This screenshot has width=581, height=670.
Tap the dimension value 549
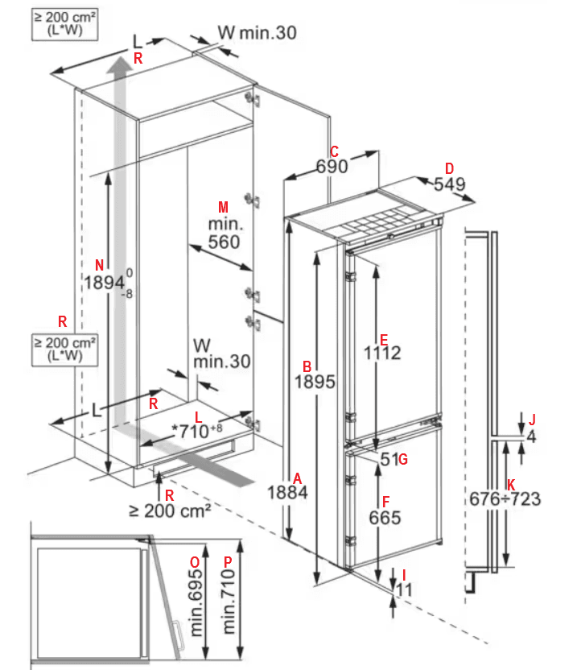tap(450, 184)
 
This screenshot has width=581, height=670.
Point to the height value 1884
tap(288, 491)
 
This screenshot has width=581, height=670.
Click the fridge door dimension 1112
tap(381, 353)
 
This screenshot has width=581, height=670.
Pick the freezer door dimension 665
tap(385, 518)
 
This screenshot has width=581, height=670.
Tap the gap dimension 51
tap(389, 460)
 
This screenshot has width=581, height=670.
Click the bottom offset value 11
tap(404, 589)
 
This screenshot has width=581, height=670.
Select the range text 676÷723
tap(505, 499)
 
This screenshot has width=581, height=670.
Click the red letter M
tap(224, 206)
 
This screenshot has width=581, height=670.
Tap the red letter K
tap(510, 484)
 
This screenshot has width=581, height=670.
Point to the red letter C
tap(334, 151)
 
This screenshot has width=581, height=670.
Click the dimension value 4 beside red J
tap(530, 436)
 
